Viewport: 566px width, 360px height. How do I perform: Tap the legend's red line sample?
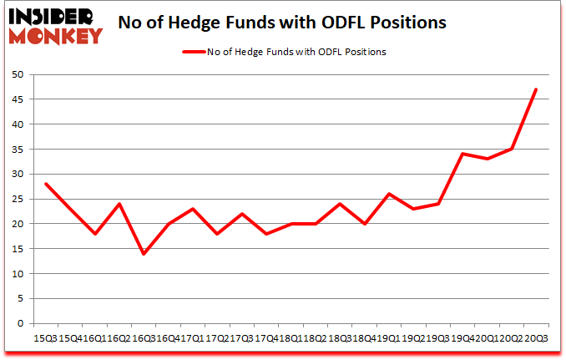click(x=194, y=52)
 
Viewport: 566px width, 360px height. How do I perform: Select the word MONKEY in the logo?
click(x=56, y=34)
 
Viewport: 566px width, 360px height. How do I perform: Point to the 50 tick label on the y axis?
click(x=17, y=74)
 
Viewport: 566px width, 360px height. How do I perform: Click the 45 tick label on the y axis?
click(x=17, y=99)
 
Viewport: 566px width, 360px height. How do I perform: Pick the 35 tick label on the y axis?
click(x=17, y=150)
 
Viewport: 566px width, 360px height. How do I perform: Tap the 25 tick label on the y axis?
click(x=17, y=199)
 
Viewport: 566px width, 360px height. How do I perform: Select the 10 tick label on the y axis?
click(x=17, y=274)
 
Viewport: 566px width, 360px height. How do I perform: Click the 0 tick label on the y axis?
click(x=20, y=323)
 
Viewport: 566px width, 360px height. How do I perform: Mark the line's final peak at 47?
click(x=536, y=89)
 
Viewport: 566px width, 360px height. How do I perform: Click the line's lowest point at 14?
click(x=144, y=254)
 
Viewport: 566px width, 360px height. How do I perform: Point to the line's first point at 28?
click(x=46, y=184)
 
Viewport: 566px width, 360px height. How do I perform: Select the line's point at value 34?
click(x=462, y=154)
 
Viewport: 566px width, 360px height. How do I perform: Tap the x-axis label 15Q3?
click(x=44, y=337)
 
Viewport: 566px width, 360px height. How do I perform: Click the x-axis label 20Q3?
click(x=535, y=337)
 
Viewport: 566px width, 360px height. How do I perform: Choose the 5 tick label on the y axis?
click(x=20, y=299)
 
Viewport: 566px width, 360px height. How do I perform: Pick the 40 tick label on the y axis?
click(x=17, y=124)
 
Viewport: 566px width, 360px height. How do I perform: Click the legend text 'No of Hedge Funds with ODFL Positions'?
click(x=296, y=52)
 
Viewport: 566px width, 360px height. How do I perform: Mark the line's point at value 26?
click(x=389, y=194)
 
